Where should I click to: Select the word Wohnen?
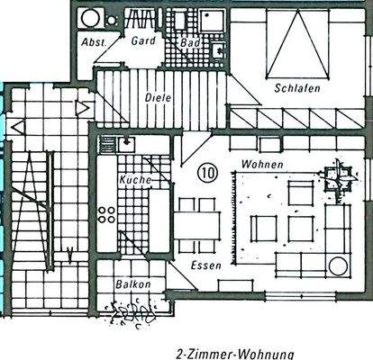pos(262,165)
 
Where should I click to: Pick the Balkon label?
pos(132,284)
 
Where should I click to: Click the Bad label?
pos(189,42)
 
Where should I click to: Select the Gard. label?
pos(144,41)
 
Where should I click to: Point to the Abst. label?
pos(92,41)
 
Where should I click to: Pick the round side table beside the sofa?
pos(339,265)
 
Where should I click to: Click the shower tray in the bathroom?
pos(214,20)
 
